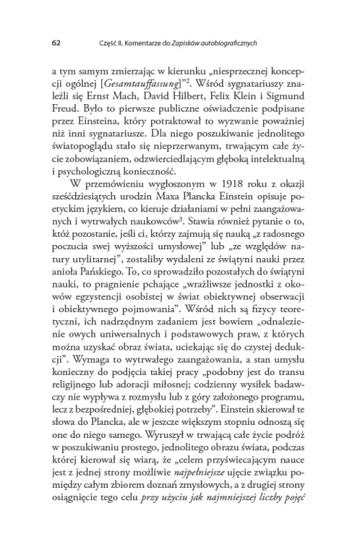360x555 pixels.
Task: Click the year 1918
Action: [179, 183]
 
